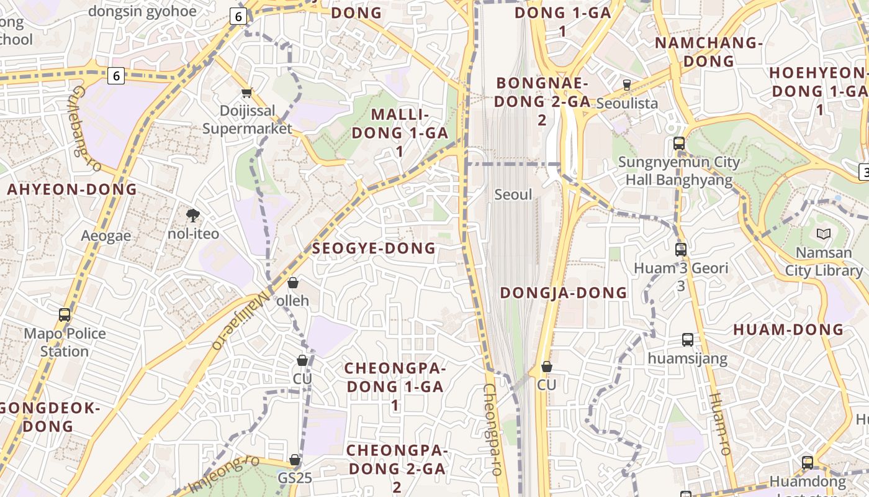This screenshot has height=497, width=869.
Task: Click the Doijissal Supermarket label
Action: coord(247,120)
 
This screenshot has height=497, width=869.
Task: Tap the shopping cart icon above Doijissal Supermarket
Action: coord(247,93)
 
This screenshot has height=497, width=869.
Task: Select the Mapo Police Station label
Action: coord(65,342)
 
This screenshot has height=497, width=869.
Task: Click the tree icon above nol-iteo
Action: coord(194,216)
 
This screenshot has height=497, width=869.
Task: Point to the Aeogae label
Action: coord(106,236)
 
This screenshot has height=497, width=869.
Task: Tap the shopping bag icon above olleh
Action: coord(293,283)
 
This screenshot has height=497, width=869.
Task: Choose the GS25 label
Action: coord(295,478)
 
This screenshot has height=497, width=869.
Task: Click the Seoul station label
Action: coord(513,194)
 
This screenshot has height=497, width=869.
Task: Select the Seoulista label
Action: coord(627,103)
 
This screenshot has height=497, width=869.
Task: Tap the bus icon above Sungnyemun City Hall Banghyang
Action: coord(679,144)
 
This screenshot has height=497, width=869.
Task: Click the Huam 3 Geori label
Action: coord(681,269)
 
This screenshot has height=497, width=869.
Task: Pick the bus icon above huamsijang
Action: coord(688,340)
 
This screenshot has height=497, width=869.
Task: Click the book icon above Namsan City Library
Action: coord(824,234)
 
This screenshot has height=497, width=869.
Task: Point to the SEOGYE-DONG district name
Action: coord(374,248)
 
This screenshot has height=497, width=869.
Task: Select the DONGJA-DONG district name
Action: coord(564,293)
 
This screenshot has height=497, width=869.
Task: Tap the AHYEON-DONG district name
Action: coord(72,189)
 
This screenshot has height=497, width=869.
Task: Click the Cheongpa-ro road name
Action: coord(492,429)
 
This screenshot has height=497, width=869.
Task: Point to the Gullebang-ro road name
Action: coord(85,129)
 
